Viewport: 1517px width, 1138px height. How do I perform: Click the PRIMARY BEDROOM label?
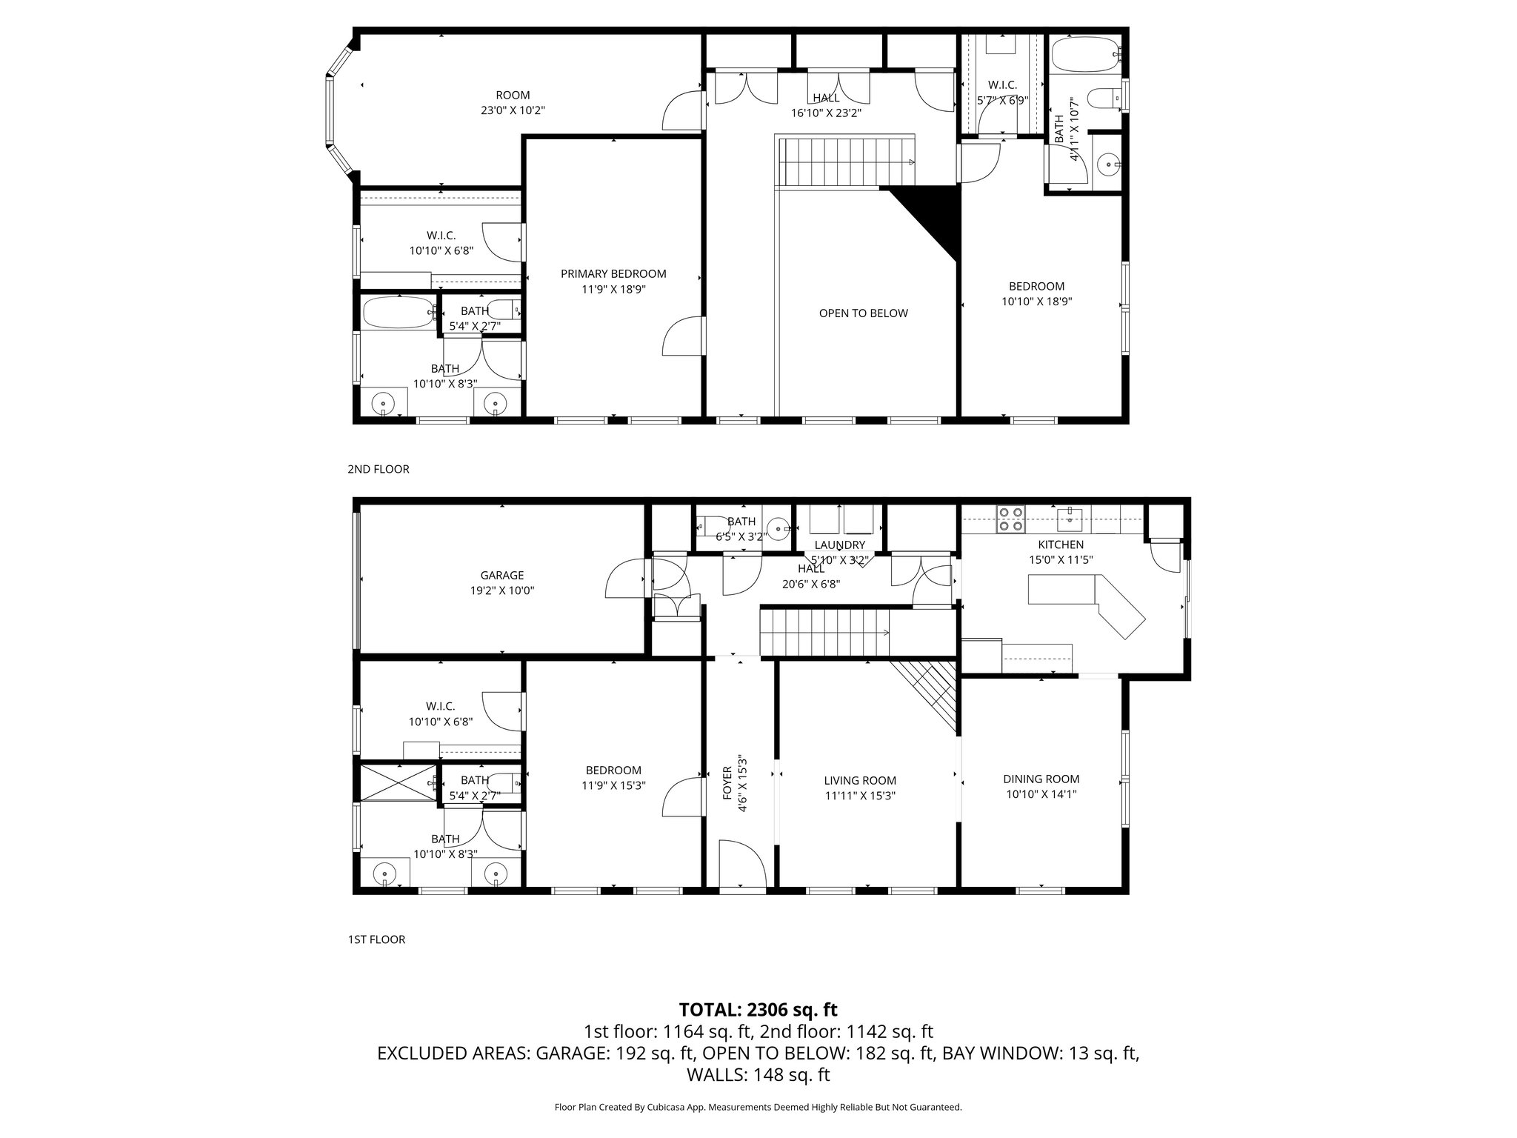point(613,274)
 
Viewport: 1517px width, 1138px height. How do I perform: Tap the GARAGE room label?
point(502,575)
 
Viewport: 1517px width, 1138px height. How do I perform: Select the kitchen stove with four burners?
point(1011,519)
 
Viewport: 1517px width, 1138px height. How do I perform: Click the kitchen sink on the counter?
point(1070,519)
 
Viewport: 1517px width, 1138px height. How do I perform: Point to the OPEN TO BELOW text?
point(863,313)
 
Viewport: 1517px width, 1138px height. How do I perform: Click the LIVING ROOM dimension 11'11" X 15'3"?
point(860,796)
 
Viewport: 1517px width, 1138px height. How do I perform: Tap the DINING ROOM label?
point(1041,779)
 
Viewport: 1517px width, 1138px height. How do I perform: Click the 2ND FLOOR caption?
point(379,469)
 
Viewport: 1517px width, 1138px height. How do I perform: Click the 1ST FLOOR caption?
point(377,939)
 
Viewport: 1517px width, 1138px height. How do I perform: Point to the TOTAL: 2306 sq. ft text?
point(758,1009)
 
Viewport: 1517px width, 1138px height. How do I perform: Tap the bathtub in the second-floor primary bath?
point(399,313)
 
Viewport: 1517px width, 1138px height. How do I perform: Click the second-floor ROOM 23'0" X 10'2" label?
point(513,102)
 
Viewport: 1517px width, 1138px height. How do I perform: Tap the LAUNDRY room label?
point(838,545)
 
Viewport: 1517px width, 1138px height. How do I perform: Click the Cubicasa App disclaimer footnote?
point(758,1107)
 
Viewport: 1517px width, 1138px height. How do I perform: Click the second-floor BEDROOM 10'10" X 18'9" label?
point(1036,293)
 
